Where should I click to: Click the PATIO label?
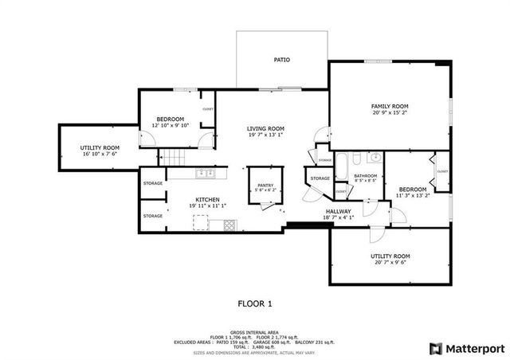(x=281, y=60)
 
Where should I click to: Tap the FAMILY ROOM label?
(x=390, y=106)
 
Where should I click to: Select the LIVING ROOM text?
(x=265, y=128)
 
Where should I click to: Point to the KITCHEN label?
(x=208, y=199)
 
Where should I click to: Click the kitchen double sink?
(x=203, y=172)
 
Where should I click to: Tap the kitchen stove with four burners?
(x=229, y=225)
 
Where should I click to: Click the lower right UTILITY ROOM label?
(x=390, y=256)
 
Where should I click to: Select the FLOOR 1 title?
(x=255, y=303)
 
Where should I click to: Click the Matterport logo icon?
(x=434, y=348)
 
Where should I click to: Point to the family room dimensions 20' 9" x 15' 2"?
(x=390, y=113)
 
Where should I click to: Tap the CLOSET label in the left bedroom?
(x=208, y=108)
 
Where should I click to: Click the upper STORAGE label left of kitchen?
(x=153, y=184)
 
